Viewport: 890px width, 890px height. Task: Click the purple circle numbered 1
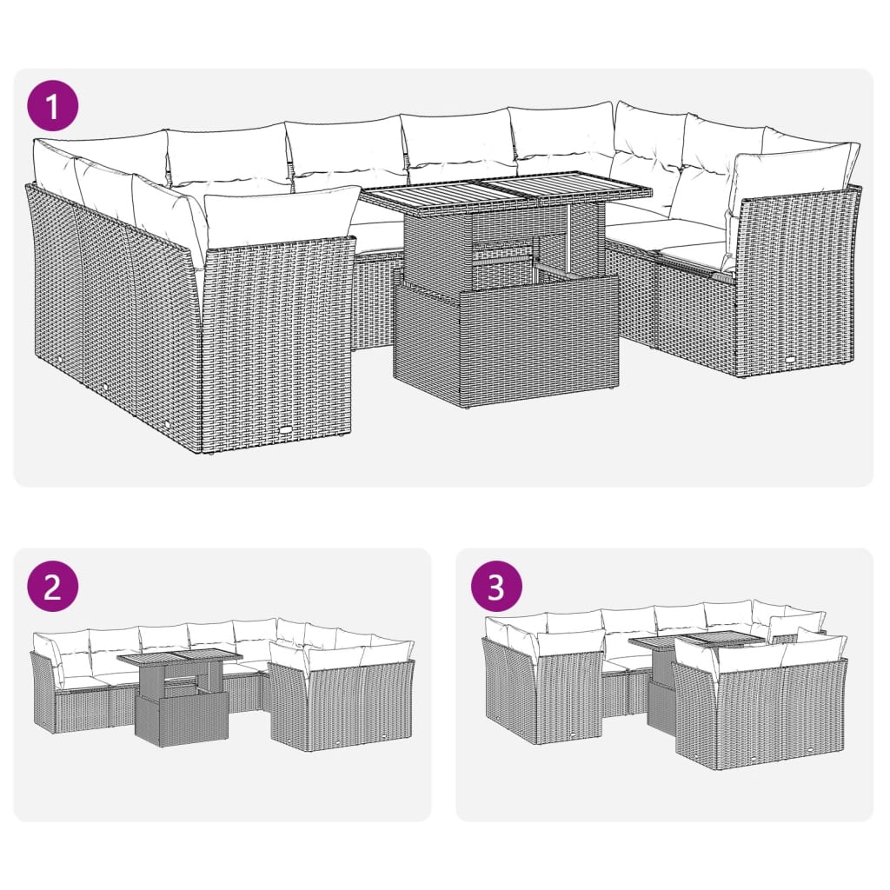(52, 107)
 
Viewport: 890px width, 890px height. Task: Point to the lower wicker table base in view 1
(506, 343)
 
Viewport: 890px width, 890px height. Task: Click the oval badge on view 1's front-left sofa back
(288, 428)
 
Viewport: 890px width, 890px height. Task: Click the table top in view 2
(180, 658)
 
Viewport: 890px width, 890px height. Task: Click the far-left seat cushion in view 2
(83, 682)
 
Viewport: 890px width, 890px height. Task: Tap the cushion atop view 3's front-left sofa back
(570, 643)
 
